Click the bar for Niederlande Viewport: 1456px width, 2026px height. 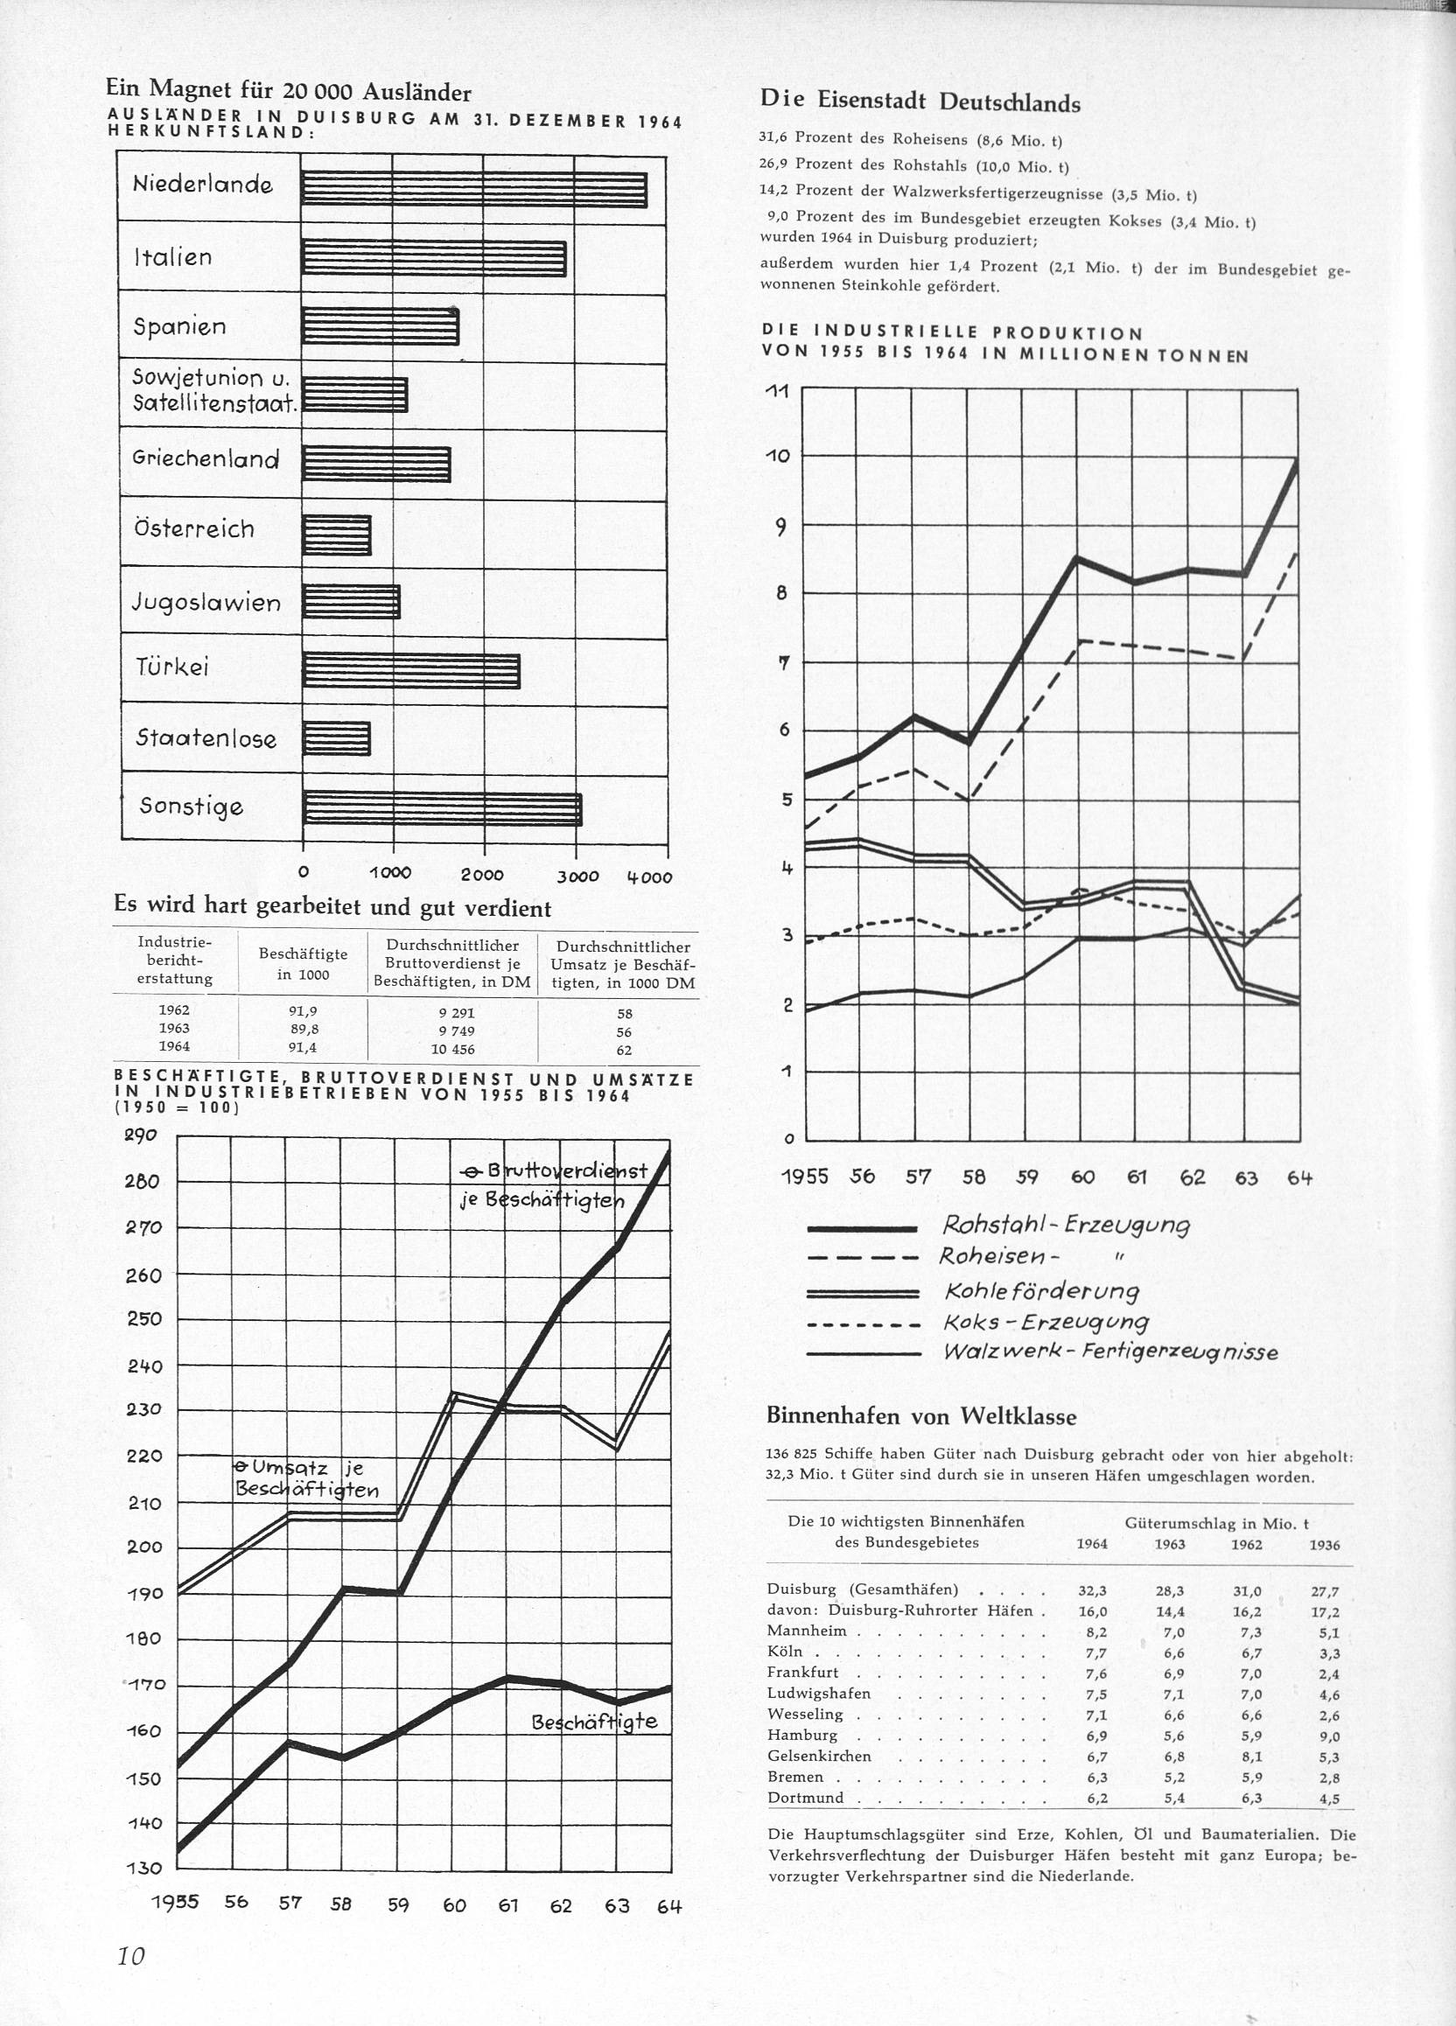coord(473,189)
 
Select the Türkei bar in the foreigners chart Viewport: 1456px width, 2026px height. coord(411,670)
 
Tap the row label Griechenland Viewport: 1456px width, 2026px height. coord(206,459)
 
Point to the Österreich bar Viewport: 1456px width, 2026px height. coord(336,535)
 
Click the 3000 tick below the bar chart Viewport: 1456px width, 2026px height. coord(577,877)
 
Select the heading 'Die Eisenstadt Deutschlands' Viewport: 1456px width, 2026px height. coord(920,101)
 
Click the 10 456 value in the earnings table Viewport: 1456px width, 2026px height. coord(453,1049)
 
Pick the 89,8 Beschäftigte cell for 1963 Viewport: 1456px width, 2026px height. coord(303,1028)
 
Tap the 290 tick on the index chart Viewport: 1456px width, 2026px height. coord(141,1135)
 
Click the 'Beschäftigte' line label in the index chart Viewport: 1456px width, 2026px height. coord(594,1722)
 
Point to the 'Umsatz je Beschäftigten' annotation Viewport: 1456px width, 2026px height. coord(306,1478)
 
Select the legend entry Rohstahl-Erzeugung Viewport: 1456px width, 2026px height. coord(1066,1225)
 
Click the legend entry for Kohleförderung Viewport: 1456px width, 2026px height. coord(1041,1291)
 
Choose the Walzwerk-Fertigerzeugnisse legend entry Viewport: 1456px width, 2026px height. coord(1110,1352)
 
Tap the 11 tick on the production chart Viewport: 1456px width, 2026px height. coord(779,390)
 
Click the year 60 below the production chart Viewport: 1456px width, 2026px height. coord(1082,1177)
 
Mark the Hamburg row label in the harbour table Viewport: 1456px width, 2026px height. coord(802,1735)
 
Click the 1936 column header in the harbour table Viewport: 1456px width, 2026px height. coord(1324,1545)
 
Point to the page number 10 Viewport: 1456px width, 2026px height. coord(130,1955)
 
